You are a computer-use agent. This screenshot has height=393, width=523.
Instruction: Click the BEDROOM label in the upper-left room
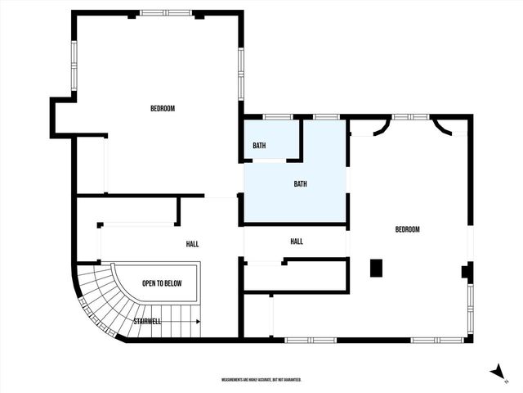pyautogui.click(x=162, y=109)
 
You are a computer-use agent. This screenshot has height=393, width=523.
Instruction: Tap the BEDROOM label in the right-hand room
pyautogui.click(x=407, y=230)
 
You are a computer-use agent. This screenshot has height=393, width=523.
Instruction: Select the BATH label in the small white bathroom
pyautogui.click(x=259, y=146)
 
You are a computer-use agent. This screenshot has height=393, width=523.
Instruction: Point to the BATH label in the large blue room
pyautogui.click(x=301, y=184)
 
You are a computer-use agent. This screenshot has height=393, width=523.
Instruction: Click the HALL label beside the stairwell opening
pyautogui.click(x=192, y=244)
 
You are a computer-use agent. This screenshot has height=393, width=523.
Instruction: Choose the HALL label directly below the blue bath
pyautogui.click(x=297, y=242)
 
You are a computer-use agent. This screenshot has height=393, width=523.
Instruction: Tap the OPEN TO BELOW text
pyautogui.click(x=162, y=284)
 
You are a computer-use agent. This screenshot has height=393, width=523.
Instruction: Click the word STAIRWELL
pyautogui.click(x=147, y=322)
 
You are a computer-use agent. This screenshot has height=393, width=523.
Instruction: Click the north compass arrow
pyautogui.click(x=498, y=372)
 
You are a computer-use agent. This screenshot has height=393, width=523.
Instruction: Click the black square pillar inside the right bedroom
pyautogui.click(x=376, y=268)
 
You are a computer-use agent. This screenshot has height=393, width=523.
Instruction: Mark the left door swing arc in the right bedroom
pyautogui.click(x=380, y=127)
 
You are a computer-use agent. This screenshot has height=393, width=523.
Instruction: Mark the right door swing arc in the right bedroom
pyautogui.click(x=441, y=126)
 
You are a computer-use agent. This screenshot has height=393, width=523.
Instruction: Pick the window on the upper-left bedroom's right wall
pyautogui.click(x=241, y=73)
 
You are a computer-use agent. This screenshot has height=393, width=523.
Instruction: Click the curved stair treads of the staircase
pyautogui.click(x=98, y=303)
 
